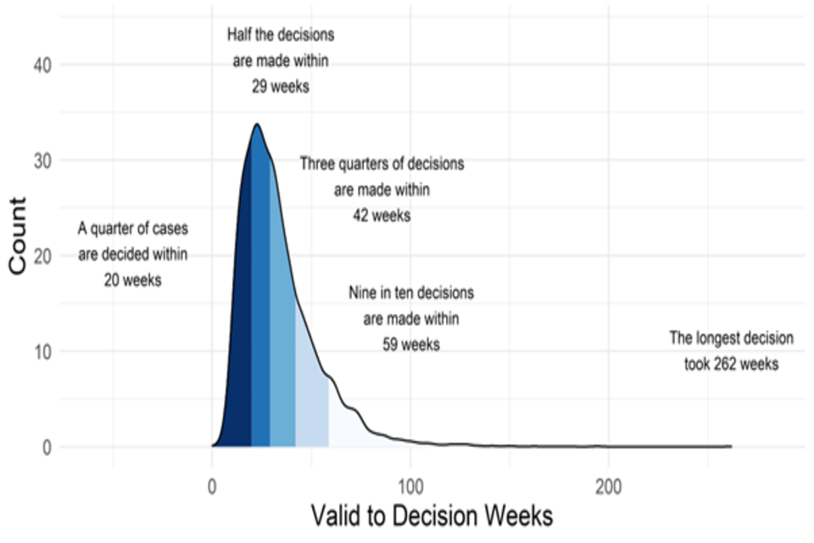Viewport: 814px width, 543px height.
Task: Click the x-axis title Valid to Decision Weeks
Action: (432, 515)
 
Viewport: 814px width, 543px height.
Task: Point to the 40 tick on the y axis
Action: (42, 64)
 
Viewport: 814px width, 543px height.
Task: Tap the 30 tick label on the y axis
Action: (42, 160)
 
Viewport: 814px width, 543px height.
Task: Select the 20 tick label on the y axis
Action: (42, 256)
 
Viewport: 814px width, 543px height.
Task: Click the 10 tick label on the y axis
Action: (42, 351)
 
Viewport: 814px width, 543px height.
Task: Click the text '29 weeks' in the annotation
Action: (280, 87)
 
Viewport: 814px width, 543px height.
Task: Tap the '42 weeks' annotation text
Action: (382, 216)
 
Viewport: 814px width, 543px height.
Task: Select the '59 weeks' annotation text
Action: (411, 345)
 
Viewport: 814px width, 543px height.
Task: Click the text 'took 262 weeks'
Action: (732, 365)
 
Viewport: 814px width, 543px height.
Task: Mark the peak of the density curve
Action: (256, 125)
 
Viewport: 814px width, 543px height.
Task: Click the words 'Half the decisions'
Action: (281, 36)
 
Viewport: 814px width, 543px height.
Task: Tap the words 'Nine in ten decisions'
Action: (411, 294)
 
